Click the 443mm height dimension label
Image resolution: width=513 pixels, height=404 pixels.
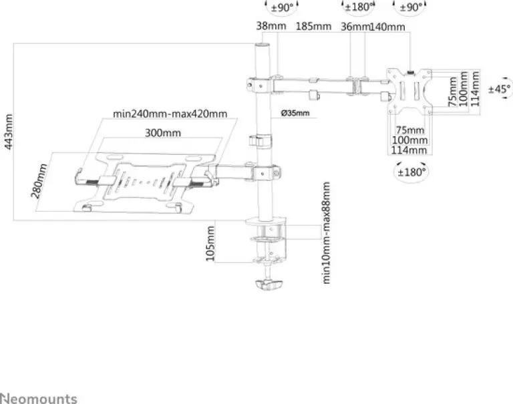9,132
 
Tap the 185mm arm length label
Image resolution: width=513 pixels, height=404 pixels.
313,26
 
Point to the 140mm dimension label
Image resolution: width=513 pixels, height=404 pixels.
387,27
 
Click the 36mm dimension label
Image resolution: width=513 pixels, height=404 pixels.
355,27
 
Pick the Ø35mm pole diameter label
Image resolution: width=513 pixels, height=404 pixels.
295,113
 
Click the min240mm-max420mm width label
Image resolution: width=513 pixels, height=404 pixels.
170,114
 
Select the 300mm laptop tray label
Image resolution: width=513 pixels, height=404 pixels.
162,133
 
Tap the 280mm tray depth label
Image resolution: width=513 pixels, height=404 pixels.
39,181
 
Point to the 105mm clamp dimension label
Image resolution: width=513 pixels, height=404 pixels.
210,244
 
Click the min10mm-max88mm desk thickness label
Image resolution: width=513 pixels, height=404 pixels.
326,233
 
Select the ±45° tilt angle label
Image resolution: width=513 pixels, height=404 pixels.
500,89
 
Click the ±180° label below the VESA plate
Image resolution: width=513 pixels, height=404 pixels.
411,172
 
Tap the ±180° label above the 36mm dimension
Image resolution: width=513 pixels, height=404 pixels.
358,7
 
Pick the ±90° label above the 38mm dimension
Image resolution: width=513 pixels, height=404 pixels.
283,7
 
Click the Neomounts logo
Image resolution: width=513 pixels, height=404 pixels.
39,399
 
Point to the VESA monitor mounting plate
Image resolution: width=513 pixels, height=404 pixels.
409,91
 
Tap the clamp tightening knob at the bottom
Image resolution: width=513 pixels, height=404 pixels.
269,284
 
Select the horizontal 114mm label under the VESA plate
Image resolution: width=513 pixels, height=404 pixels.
409,150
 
